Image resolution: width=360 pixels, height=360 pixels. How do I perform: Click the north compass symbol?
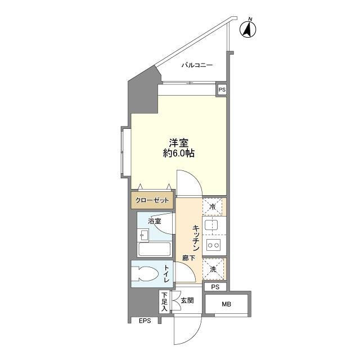[248, 29]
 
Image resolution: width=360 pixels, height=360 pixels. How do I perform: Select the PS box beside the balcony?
[222, 89]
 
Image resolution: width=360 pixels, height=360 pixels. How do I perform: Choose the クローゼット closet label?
[152, 200]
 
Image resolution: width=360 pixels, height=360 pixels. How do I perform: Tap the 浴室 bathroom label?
[155, 220]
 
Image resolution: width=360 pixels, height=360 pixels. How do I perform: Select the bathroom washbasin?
[143, 236]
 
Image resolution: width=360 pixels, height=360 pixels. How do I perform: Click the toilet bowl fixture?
[147, 274]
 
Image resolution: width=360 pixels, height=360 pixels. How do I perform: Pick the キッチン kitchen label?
[196, 236]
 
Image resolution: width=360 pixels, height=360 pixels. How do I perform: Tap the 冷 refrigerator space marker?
[213, 206]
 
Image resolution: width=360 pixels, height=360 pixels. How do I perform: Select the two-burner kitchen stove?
[213, 245]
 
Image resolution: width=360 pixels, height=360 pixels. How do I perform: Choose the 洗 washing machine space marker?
[213, 269]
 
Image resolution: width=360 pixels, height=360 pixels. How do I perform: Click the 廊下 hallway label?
[188, 258]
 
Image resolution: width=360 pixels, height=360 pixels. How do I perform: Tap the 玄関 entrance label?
[187, 301]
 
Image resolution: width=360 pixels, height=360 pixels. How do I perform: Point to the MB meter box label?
[226, 305]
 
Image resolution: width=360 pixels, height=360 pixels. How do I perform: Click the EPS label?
[145, 321]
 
